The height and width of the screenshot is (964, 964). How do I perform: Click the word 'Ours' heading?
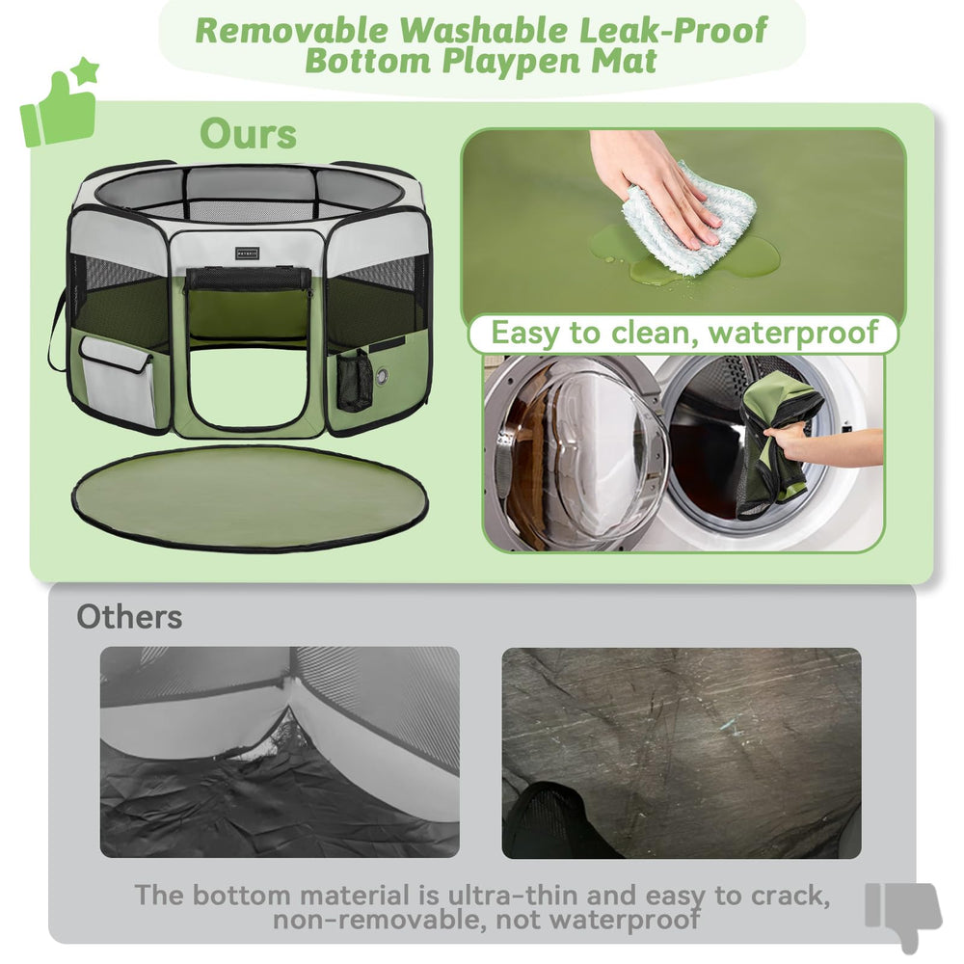[x=248, y=135]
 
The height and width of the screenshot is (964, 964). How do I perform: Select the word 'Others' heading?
[x=129, y=617]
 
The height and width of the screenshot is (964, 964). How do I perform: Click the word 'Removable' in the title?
[x=292, y=30]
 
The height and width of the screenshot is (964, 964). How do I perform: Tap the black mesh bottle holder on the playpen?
[x=354, y=380]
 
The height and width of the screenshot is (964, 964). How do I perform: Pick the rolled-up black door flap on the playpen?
[x=248, y=279]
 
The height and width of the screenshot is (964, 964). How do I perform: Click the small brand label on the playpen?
[x=248, y=254]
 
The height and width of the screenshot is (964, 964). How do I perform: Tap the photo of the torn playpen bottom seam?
[x=280, y=752]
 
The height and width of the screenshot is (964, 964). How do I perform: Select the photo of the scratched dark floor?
[x=681, y=752]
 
